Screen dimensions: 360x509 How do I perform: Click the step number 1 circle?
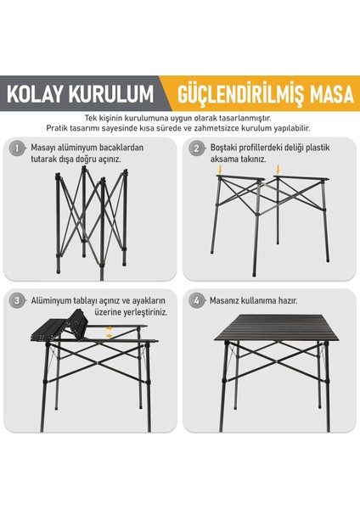17,148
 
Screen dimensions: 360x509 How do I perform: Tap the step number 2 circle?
196,148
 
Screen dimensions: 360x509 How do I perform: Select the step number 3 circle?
17,300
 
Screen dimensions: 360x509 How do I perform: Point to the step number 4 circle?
196,300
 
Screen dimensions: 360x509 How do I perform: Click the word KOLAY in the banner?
35,94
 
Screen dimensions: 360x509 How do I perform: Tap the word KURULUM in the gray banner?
111,94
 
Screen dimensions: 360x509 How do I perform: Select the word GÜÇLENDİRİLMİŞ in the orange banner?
241,94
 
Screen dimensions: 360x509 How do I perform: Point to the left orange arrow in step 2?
220,170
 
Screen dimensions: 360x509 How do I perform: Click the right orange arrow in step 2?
278,170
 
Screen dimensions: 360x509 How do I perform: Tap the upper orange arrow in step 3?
110,328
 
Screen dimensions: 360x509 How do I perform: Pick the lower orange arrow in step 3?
110,336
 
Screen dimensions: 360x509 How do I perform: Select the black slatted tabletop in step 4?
277,327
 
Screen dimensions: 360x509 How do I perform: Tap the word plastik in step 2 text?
318,148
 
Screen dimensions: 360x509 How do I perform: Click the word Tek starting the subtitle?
90,118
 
